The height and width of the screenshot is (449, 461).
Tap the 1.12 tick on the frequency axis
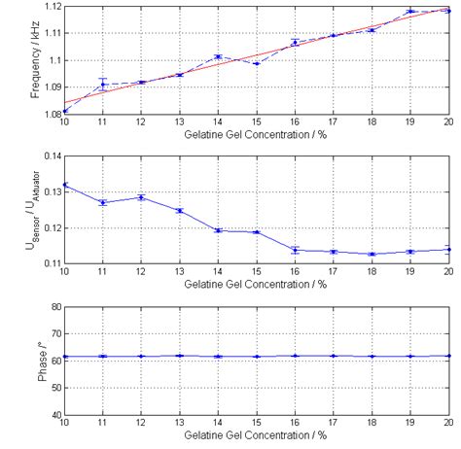(x=50, y=6)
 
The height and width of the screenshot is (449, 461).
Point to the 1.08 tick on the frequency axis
(x=50, y=113)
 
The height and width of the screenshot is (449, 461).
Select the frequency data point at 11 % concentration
(x=103, y=85)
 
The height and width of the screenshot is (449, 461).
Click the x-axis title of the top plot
(x=256, y=134)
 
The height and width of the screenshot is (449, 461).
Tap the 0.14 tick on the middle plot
(x=50, y=156)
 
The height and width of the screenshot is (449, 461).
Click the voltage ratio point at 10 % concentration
(x=65, y=185)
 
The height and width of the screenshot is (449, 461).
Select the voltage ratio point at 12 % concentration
(x=141, y=197)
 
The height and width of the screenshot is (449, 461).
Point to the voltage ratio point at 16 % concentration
(x=295, y=250)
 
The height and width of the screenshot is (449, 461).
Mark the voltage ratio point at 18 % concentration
(x=371, y=254)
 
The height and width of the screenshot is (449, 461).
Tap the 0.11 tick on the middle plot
(x=50, y=263)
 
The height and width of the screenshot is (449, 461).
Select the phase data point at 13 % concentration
(x=180, y=356)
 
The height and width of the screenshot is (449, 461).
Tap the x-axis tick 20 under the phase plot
(x=447, y=424)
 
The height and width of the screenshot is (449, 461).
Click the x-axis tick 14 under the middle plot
(x=218, y=273)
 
